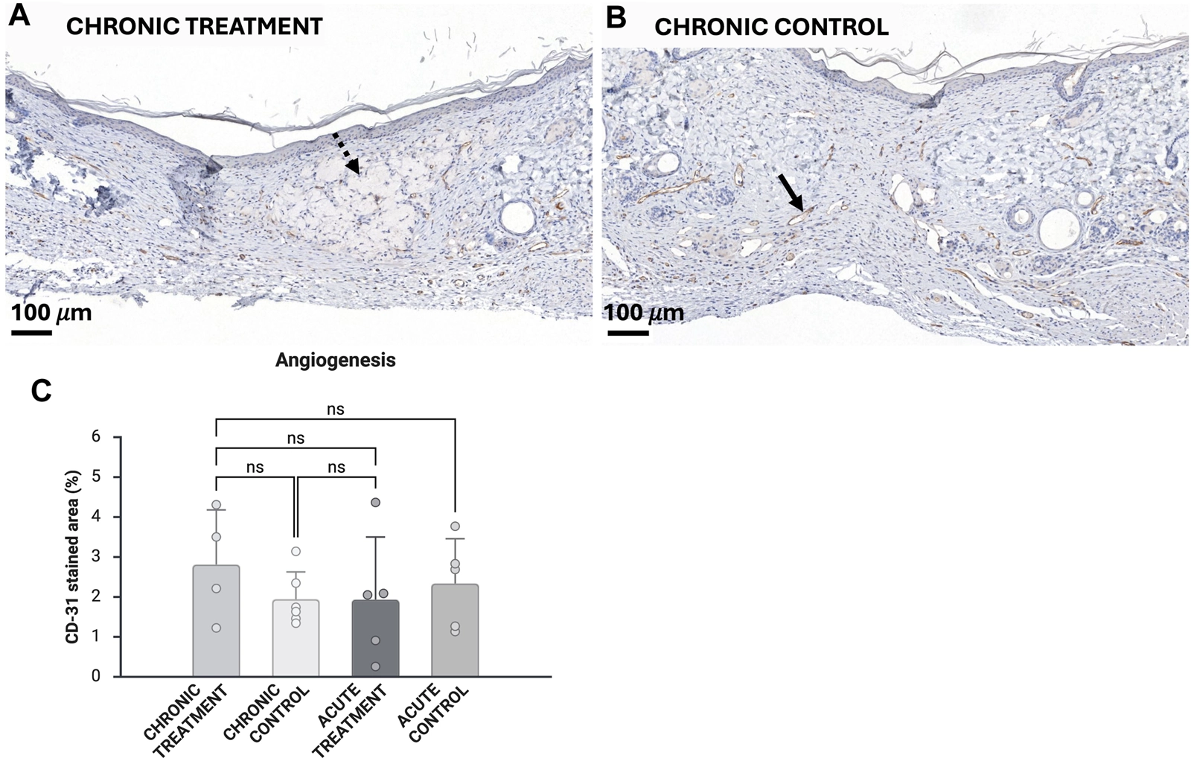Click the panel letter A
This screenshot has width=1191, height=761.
coord(19,16)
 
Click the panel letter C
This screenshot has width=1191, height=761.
coord(40,390)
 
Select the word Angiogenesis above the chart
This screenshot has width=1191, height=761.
coord(335,360)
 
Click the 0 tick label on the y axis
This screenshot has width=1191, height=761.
coord(95,676)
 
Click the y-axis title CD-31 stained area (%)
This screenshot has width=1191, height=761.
coord(72,556)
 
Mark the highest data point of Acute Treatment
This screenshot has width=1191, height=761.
coord(376,503)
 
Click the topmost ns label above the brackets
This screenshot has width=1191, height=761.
coord(335,410)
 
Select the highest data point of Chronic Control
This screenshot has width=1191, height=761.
coord(296,552)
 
